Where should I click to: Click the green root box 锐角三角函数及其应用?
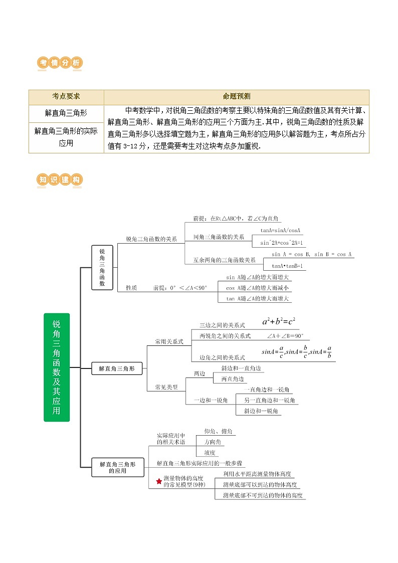point(57,367)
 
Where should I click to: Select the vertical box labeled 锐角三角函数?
point(102,267)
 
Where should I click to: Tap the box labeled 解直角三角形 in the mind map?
point(117,368)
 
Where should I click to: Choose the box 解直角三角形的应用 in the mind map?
point(117,468)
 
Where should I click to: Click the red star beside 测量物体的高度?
point(158,481)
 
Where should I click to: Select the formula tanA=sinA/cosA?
point(280,231)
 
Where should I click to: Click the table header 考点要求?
point(66,97)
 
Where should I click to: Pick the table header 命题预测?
point(237,97)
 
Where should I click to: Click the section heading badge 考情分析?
point(60,63)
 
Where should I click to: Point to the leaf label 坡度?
point(210,452)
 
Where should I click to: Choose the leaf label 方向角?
point(214,442)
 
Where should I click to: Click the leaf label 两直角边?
point(233,379)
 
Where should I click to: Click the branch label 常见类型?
point(166,387)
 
